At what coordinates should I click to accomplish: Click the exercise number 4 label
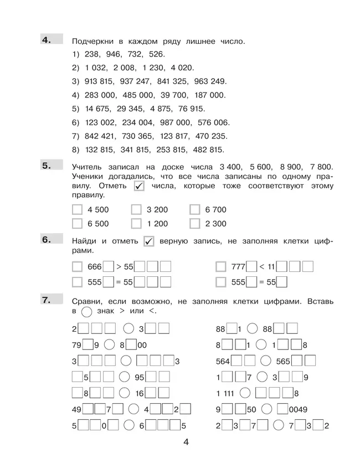46,39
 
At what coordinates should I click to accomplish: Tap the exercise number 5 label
46,164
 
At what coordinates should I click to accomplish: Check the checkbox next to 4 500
78,210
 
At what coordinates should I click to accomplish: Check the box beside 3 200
136,210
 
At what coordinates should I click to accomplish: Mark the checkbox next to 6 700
194,210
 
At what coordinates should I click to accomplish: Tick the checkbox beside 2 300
194,224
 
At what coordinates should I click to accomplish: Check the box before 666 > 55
78,266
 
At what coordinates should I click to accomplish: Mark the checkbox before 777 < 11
220,266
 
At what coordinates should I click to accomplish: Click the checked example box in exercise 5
140,186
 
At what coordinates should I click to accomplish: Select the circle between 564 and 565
266,361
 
